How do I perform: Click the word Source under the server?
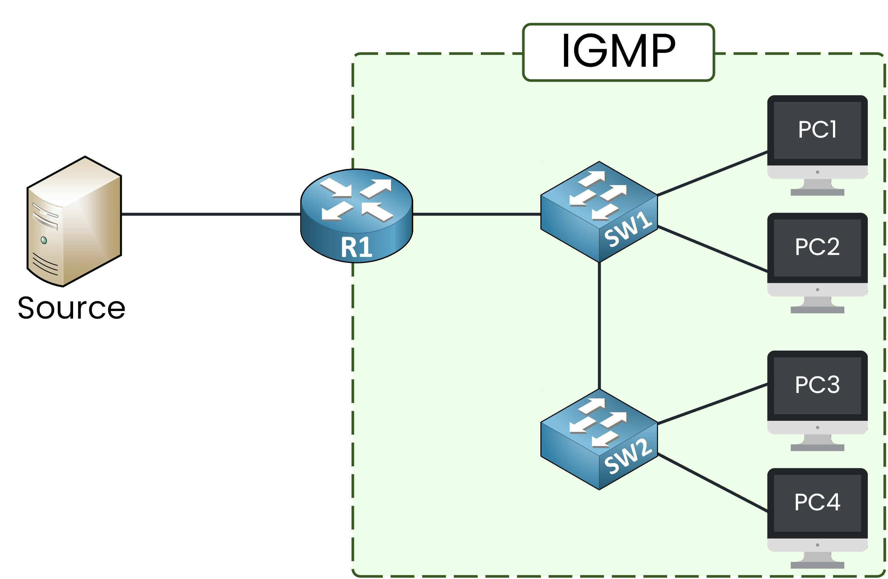[x=71, y=308]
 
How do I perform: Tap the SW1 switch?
[x=599, y=212]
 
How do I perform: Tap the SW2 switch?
[x=599, y=439]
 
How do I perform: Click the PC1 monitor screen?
[x=817, y=130]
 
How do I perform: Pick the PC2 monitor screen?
[x=817, y=247]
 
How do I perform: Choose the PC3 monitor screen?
[x=817, y=385]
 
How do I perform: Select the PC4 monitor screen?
[x=817, y=502]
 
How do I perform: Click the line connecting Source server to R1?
[x=211, y=214]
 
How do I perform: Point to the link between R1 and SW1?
[x=476, y=214]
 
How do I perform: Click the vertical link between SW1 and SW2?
[x=599, y=325]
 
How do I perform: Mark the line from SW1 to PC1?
[x=712, y=173]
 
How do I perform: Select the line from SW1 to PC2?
[x=712, y=248]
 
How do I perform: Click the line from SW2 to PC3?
[x=712, y=404]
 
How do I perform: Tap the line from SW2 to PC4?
[x=712, y=482]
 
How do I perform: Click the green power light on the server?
[x=44, y=240]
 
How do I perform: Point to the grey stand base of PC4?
[x=817, y=565]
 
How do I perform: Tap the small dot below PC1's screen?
[x=817, y=172]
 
